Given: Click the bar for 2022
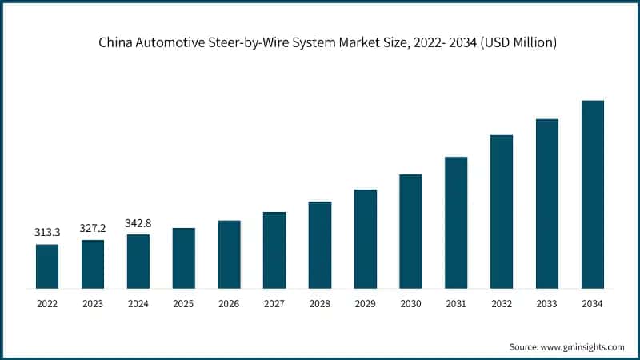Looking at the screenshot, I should pyautogui.click(x=47, y=266).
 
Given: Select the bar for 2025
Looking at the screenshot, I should pyautogui.click(x=183, y=258).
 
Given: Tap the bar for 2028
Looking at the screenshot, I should pyautogui.click(x=320, y=245).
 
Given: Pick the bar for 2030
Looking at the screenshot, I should pyautogui.click(x=410, y=231).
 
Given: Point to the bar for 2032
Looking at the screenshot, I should pyautogui.click(x=502, y=211).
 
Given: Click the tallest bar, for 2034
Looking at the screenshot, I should pyautogui.click(x=592, y=194).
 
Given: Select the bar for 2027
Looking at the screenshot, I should pyautogui.click(x=274, y=250).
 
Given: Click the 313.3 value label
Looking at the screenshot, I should pyautogui.click(x=47, y=233).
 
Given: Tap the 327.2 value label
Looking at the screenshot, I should pyautogui.click(x=93, y=228).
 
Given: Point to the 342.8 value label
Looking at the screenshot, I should pyautogui.click(x=138, y=222).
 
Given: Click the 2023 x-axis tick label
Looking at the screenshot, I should pyautogui.click(x=93, y=304).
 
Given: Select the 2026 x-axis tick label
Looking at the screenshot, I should pyautogui.click(x=229, y=304).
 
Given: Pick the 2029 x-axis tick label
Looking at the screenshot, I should pyautogui.click(x=365, y=304).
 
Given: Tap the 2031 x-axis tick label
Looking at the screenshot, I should pyautogui.click(x=456, y=304).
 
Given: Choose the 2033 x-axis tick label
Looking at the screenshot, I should pyautogui.click(x=546, y=304).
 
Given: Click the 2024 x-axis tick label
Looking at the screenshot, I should pyautogui.click(x=138, y=304).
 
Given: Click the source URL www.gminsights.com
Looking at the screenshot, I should pyautogui.click(x=583, y=346).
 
